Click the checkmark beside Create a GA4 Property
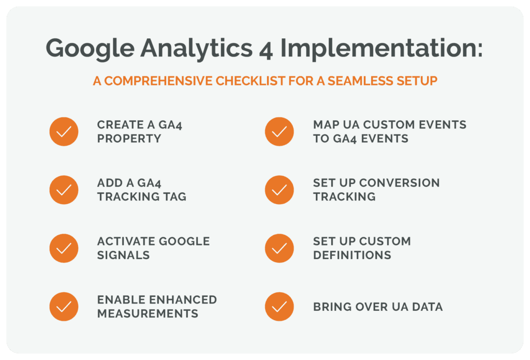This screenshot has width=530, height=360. tap(64, 132)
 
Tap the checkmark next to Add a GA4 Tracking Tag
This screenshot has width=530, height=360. tap(64, 190)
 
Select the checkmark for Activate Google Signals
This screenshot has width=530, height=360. tap(64, 248)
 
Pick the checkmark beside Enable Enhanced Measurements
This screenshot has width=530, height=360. tap(64, 307)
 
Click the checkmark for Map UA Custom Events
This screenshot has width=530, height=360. tap(279, 132)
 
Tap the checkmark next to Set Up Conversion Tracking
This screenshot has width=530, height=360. tap(279, 190)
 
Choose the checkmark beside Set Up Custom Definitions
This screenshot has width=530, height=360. tap(279, 248)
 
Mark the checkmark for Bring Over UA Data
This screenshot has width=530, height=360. tap(279, 307)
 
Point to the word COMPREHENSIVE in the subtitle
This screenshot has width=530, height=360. tap(154, 82)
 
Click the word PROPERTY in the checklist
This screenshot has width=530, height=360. tap(129, 139)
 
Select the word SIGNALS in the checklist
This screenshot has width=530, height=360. tap(124, 255)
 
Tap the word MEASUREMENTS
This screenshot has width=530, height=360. tap(148, 314)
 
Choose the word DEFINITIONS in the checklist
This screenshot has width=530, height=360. tap(352, 255)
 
